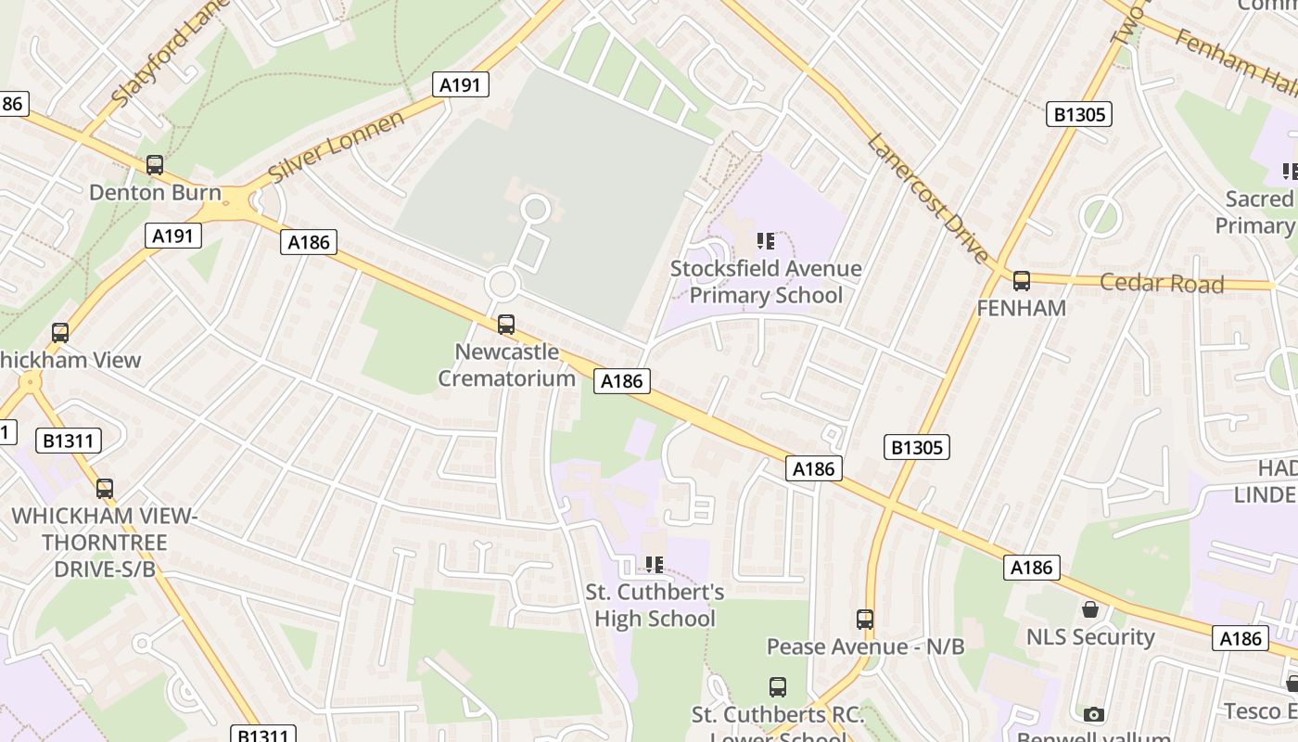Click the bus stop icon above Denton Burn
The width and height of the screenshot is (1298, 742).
pos(155,165)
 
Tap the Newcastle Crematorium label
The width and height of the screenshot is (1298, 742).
pos(506,365)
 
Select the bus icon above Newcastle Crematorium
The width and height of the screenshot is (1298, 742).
pos(505,325)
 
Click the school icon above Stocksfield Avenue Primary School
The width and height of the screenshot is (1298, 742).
pos(765,242)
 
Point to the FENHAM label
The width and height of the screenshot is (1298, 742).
pos(1021,308)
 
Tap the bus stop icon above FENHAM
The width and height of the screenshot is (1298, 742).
pos(1021,281)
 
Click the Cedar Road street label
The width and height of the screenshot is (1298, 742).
pos(1162,283)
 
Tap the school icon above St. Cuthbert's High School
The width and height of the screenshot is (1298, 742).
pos(655,564)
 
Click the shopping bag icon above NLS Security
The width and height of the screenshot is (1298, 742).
pos(1090,609)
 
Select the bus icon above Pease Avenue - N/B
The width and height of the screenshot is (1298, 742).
pos(864,619)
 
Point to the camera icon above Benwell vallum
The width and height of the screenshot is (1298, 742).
pos(1094,714)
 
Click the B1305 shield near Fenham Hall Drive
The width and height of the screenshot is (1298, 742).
pos(1079,114)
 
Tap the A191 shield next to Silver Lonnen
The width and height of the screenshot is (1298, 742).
pos(460,85)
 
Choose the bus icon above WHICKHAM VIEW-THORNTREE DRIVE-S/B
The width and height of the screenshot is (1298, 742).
pos(104,488)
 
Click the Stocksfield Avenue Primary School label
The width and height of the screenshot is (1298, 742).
pos(766,282)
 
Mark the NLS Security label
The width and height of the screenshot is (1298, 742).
pos(1089,637)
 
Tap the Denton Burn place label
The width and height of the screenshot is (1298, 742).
pos(155,193)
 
